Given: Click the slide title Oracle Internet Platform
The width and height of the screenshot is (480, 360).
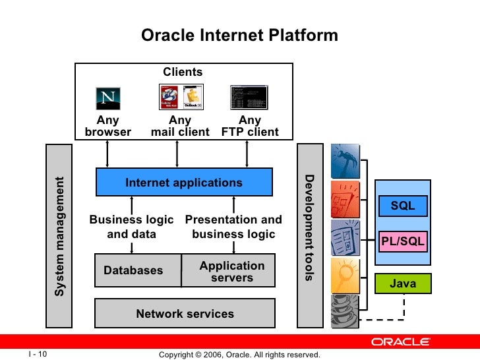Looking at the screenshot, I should (x=239, y=35).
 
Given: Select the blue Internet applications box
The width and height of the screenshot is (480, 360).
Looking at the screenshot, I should (x=184, y=183).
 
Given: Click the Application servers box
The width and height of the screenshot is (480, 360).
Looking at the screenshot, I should (x=229, y=271).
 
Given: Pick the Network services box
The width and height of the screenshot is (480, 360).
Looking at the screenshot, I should (x=185, y=314).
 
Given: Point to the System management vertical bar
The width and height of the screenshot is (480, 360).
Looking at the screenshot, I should (x=59, y=235).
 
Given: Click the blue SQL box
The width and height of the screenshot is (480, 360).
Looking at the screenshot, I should (x=402, y=206).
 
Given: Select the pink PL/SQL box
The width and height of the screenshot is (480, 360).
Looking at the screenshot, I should (x=402, y=241).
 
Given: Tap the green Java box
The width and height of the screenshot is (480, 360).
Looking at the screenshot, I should (x=402, y=284).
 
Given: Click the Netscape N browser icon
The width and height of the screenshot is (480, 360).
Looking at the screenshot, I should (x=109, y=98).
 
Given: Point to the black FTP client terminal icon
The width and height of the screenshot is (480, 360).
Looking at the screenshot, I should (x=249, y=97).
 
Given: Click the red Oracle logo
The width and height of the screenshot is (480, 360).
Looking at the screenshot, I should (x=400, y=342).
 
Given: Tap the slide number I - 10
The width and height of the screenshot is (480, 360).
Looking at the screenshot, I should (x=38, y=354).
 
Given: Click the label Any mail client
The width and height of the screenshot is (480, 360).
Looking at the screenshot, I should (x=180, y=126).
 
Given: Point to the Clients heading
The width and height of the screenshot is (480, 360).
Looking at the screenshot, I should (x=183, y=72).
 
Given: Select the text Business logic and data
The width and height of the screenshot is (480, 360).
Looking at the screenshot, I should (x=131, y=227).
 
